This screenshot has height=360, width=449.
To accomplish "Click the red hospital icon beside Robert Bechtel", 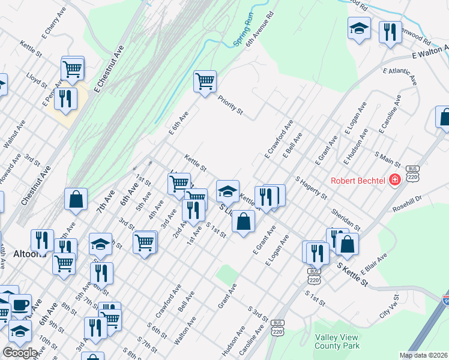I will point(395,179).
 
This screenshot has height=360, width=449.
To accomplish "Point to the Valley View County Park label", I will point(337,341).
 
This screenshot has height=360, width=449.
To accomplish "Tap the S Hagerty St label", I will point(311,188).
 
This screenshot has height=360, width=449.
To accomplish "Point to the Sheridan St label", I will point(345,220).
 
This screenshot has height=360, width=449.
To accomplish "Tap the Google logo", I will point(20,353).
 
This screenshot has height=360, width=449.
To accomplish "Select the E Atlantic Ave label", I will point(400,76).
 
